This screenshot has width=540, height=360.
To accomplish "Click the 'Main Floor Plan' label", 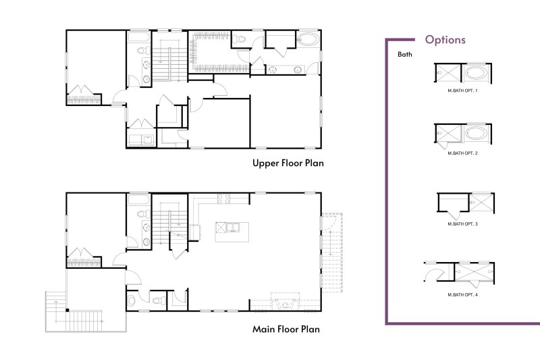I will point(286,330).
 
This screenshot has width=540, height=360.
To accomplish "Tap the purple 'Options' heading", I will point(445,40).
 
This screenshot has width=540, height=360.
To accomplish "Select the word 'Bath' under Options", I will point(404,54).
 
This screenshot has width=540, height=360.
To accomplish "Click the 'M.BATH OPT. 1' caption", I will point(462,90).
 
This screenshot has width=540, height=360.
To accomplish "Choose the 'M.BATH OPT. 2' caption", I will point(462,154).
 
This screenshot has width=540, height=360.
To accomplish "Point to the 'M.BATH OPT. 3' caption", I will point(462,224).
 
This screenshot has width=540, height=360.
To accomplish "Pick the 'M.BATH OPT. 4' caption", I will point(462,295).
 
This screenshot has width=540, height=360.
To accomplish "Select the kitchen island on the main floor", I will point(230,231).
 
